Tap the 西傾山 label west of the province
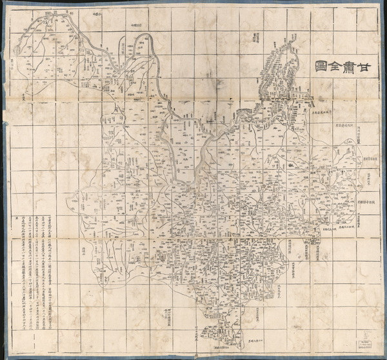coord(83,248)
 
